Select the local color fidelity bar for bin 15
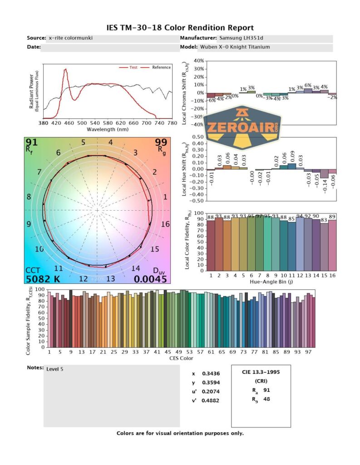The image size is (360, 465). coord(324,246)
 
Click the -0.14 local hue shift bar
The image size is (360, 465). coord(324,174)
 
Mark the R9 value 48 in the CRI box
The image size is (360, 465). coord(267,400)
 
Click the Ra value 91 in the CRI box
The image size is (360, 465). coord(267,390)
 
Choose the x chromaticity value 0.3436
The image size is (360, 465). coord(209,374)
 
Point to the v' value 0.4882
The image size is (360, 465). coord(209,401)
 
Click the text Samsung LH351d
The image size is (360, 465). coord(238,38)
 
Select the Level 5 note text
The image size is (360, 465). coord(55,369)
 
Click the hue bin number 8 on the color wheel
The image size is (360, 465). coord(29,197)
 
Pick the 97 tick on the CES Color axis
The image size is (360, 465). coord(309,352)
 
